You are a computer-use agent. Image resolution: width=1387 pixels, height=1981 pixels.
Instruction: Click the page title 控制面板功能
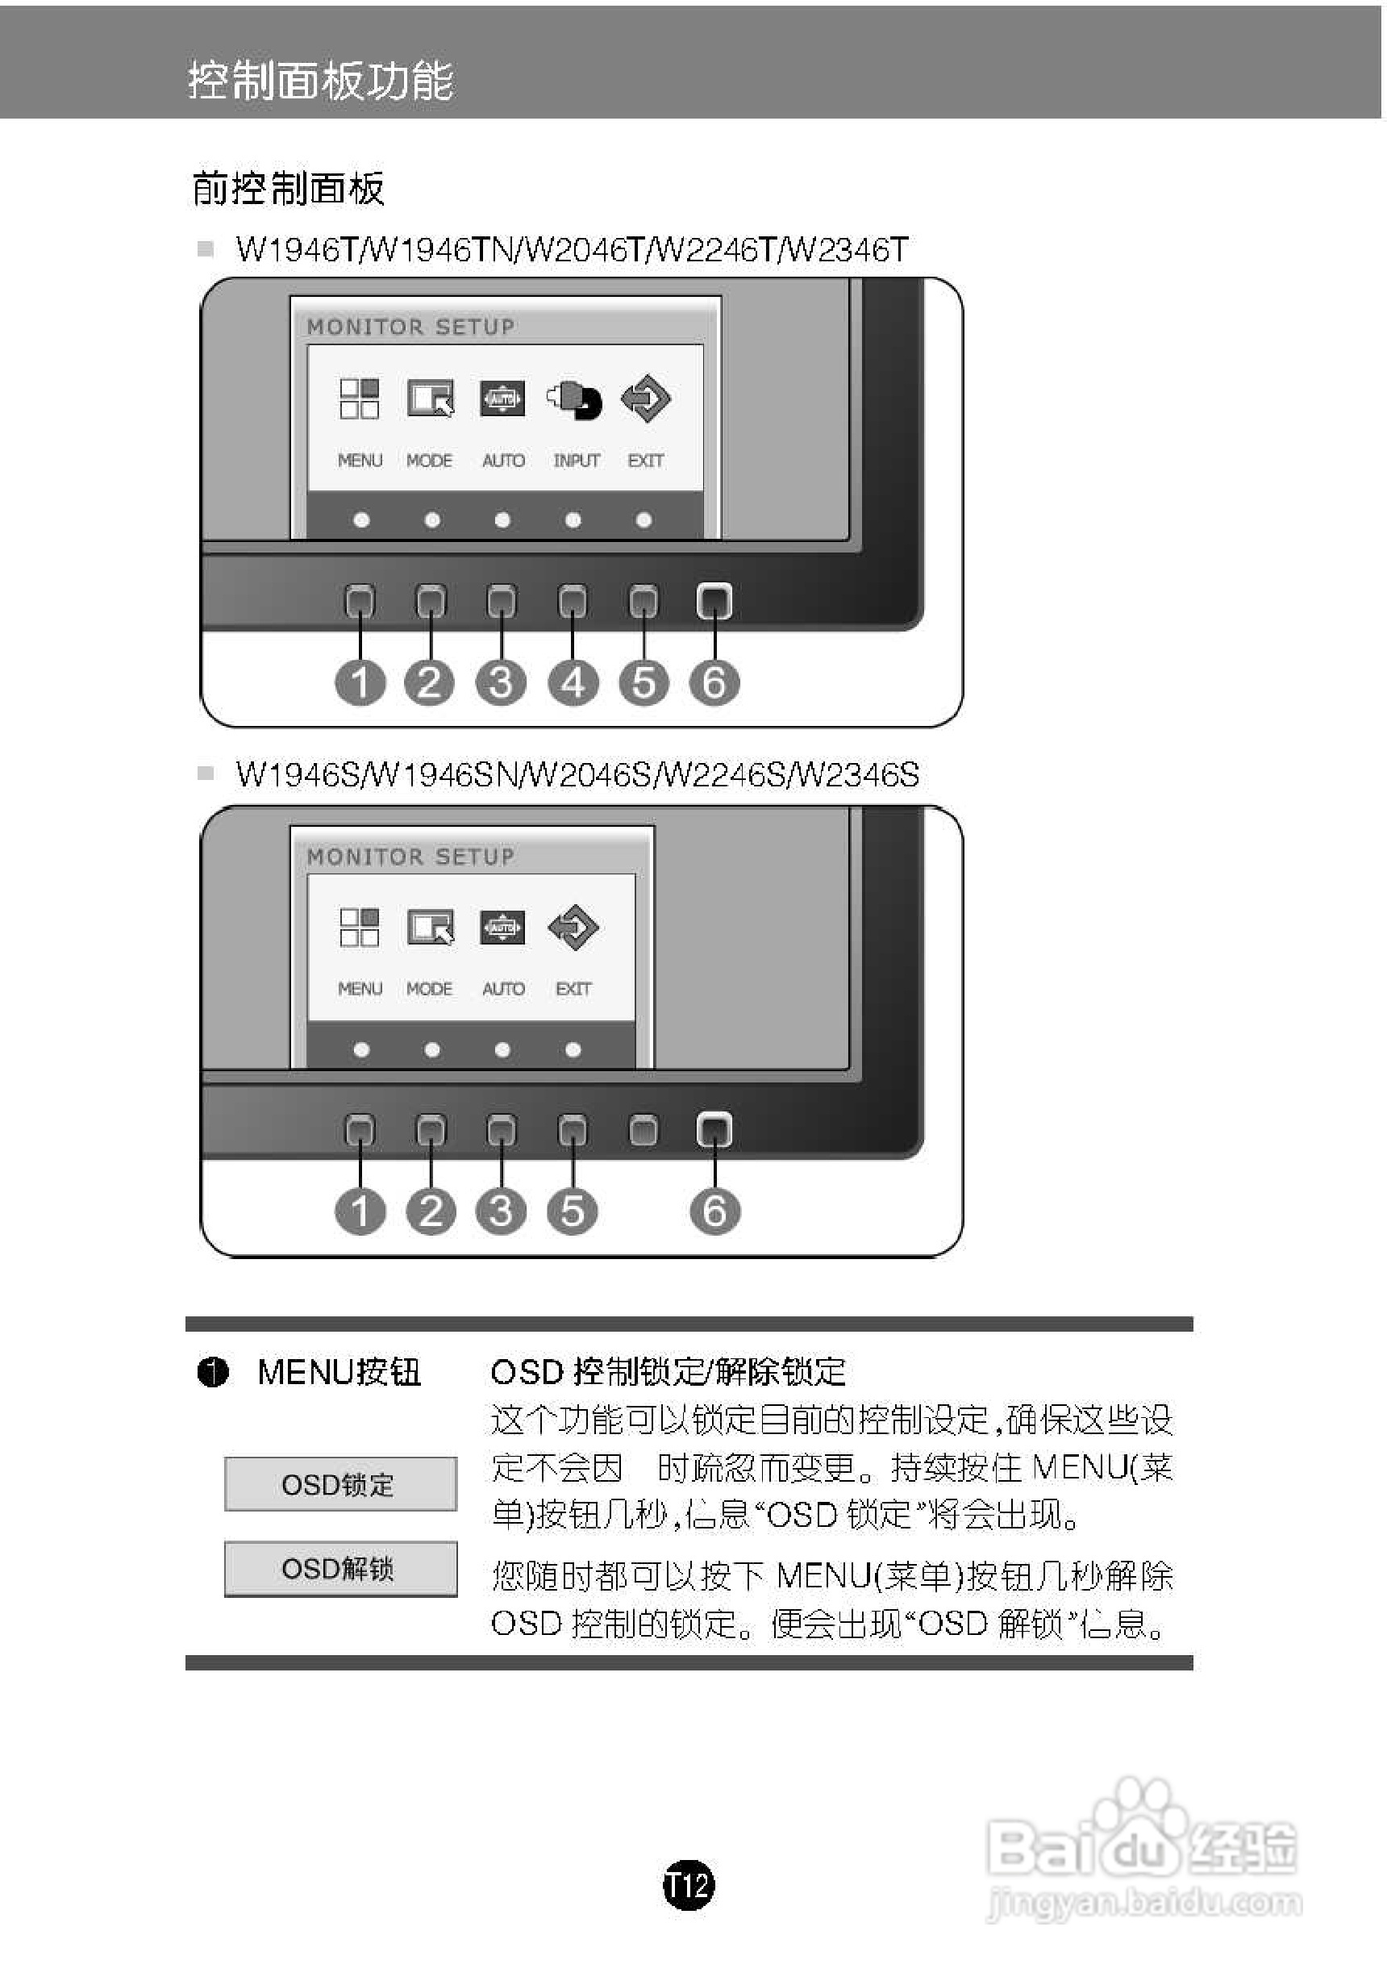point(321,81)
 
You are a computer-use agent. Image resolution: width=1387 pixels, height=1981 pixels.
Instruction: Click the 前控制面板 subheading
point(288,188)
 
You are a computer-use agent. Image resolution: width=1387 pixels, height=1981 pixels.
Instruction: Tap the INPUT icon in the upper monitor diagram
point(574,399)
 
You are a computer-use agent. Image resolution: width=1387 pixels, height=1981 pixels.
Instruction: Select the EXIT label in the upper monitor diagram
point(645,461)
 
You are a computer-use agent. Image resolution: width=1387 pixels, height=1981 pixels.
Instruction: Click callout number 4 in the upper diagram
point(573,682)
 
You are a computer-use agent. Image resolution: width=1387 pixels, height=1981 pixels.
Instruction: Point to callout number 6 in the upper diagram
point(714,682)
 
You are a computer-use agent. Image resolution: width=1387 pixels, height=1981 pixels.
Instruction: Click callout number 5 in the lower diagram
point(573,1211)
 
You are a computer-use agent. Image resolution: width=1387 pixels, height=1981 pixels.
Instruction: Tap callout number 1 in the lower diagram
point(360,1211)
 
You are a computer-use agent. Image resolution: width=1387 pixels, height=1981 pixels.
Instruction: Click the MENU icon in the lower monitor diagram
point(360,928)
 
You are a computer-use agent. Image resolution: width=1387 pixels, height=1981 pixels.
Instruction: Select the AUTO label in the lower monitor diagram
point(503,989)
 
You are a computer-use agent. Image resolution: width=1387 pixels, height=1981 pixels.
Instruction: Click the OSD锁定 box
point(341,1484)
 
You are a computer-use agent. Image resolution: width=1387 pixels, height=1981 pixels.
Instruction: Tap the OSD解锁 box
point(341,1568)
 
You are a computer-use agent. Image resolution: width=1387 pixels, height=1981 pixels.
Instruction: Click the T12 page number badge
point(689,1885)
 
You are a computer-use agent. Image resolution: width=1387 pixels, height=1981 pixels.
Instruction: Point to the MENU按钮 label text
point(339,1373)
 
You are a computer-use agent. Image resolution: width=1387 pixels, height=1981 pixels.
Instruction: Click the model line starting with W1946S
point(577,775)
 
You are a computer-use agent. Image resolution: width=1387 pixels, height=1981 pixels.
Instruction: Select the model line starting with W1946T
point(572,250)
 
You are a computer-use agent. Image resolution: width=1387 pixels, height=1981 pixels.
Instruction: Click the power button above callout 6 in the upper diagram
point(714,601)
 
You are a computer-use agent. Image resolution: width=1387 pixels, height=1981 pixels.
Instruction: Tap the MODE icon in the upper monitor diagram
point(431,398)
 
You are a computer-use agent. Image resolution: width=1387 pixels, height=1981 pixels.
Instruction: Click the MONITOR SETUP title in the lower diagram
point(410,857)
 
